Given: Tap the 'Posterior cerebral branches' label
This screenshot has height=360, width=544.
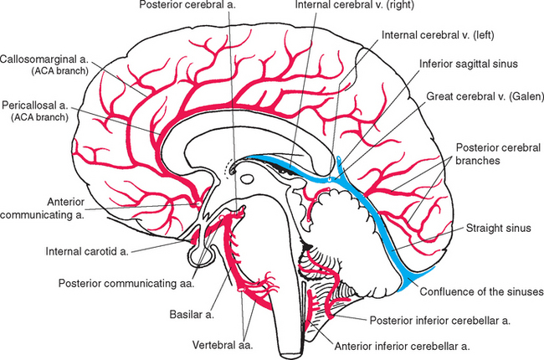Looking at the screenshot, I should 494,152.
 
